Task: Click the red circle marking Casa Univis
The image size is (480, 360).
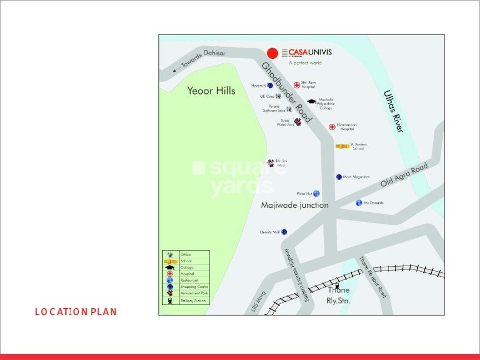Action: [x=272, y=53]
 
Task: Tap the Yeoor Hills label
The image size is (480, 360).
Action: [x=211, y=91]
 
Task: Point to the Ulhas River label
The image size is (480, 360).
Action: [x=393, y=111]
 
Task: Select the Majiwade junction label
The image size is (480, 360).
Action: [x=294, y=205]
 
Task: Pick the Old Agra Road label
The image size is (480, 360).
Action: [x=404, y=175]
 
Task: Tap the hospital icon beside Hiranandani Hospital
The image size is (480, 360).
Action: [x=332, y=127]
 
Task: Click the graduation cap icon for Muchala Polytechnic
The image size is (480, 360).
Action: [x=312, y=102]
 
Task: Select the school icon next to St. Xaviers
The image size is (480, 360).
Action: [x=342, y=146]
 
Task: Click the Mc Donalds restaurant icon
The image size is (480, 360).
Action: [x=359, y=203]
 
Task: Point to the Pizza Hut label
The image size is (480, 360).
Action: [x=304, y=194]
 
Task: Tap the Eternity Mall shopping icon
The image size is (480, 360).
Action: [x=284, y=232]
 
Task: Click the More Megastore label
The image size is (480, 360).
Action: [x=356, y=177]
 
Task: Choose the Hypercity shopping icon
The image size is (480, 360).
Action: [x=269, y=86]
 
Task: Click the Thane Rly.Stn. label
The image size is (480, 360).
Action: [x=339, y=296]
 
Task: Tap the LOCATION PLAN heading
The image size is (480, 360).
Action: [x=76, y=312]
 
